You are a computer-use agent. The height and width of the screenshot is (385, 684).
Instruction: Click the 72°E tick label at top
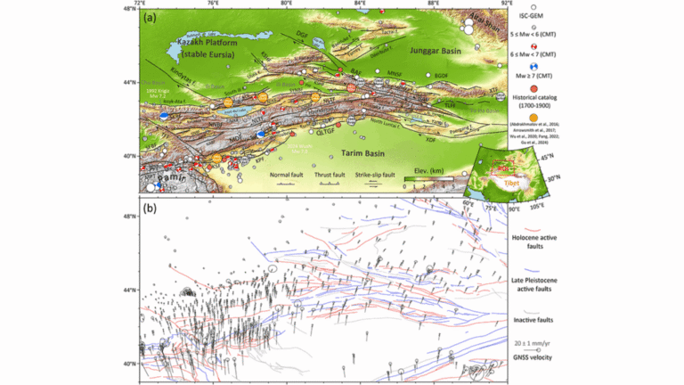coord(140,4)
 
